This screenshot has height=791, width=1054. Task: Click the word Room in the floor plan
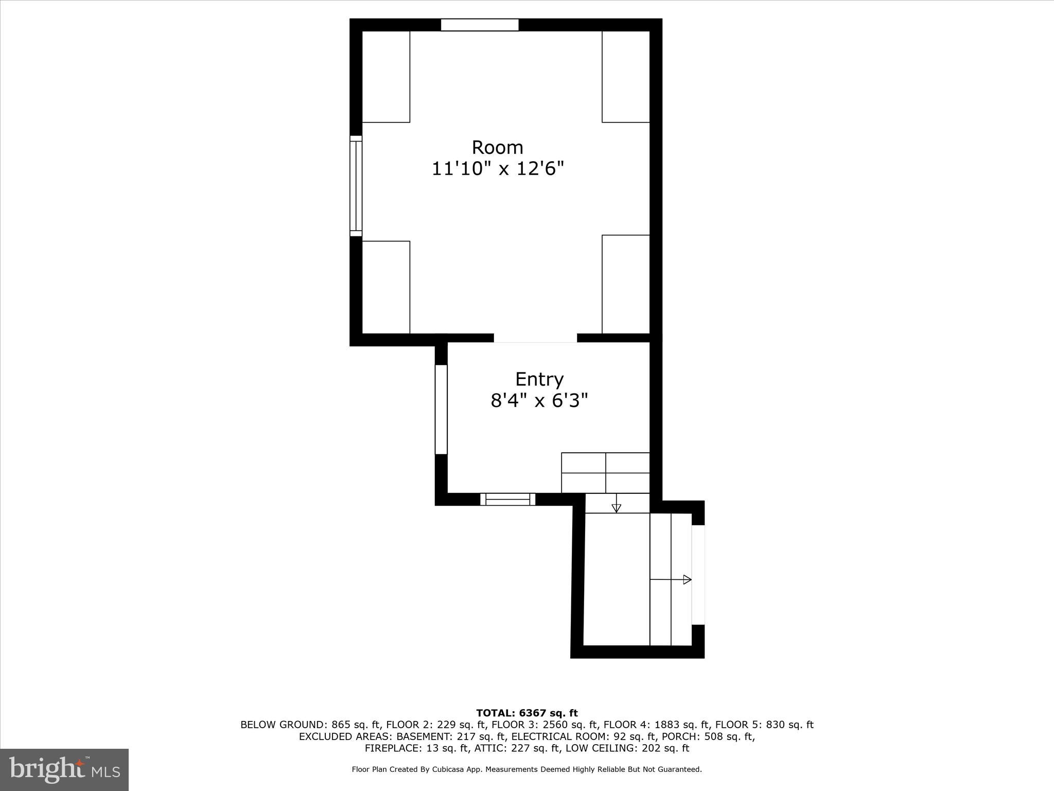(x=497, y=148)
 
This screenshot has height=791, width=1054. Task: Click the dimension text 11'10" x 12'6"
(x=498, y=169)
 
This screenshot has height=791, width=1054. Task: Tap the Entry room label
(x=539, y=380)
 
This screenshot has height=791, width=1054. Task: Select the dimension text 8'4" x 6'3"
(x=539, y=400)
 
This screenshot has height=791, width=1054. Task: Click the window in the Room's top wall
(x=479, y=25)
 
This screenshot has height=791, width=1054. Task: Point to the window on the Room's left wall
(x=356, y=186)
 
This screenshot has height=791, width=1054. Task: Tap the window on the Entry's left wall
(x=441, y=409)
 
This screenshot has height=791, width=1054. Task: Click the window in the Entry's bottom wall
(x=507, y=499)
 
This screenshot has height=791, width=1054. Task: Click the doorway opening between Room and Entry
(x=535, y=338)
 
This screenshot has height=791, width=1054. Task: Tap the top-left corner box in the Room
(x=386, y=77)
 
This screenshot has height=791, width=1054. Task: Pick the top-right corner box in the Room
(x=625, y=77)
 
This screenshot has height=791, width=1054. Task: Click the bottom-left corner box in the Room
(x=386, y=287)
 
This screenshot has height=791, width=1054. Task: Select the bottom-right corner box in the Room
(x=625, y=284)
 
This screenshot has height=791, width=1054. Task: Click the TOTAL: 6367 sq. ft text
(x=526, y=713)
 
